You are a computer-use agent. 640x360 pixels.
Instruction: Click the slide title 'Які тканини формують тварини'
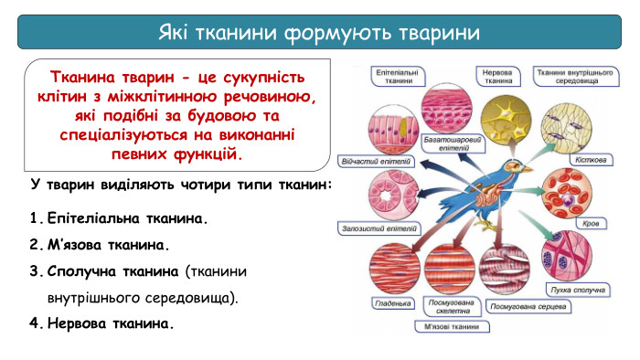click(319, 33)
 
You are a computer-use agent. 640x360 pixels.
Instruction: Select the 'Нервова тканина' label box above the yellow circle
click(497, 76)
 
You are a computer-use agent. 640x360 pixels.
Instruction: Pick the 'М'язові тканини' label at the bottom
click(447, 326)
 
